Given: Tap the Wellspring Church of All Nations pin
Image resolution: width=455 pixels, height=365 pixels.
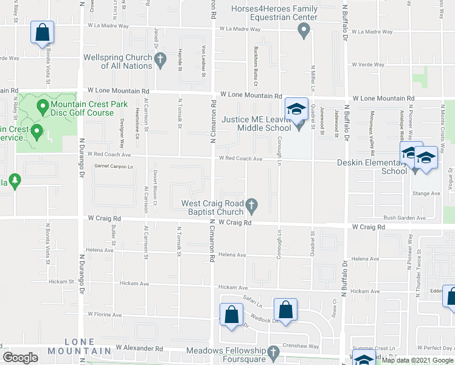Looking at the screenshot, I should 161,60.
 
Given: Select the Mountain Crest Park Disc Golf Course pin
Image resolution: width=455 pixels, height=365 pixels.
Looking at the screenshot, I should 43,108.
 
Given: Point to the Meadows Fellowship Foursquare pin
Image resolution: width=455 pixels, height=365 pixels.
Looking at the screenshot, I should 273,353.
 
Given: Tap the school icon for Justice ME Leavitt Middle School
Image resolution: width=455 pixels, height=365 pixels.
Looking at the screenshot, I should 296,109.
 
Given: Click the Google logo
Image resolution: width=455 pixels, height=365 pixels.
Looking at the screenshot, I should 21,358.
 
